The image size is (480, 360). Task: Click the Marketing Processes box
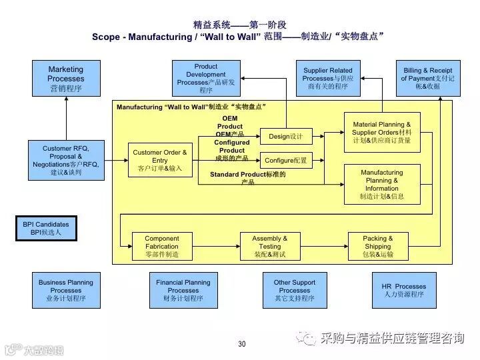(66, 78)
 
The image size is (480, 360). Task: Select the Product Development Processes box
(206, 78)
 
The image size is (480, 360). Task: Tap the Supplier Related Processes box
(329, 78)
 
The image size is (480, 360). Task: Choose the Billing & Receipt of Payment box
(427, 78)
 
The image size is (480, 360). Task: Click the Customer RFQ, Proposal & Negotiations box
(66, 160)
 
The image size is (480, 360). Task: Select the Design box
(286, 137)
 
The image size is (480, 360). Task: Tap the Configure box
(286, 161)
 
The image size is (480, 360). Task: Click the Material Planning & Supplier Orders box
(382, 132)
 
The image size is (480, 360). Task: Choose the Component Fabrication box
(162, 246)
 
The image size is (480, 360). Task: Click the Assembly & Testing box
(270, 246)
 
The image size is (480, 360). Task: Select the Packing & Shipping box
(378, 246)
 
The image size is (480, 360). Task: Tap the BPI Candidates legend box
(47, 229)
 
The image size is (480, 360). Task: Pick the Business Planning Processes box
(66, 290)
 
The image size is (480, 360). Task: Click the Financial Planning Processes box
(183, 290)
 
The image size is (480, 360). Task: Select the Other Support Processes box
(295, 290)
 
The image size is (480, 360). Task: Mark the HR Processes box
(404, 290)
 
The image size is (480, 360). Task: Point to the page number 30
(241, 344)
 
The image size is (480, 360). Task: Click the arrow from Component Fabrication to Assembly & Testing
(216, 246)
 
